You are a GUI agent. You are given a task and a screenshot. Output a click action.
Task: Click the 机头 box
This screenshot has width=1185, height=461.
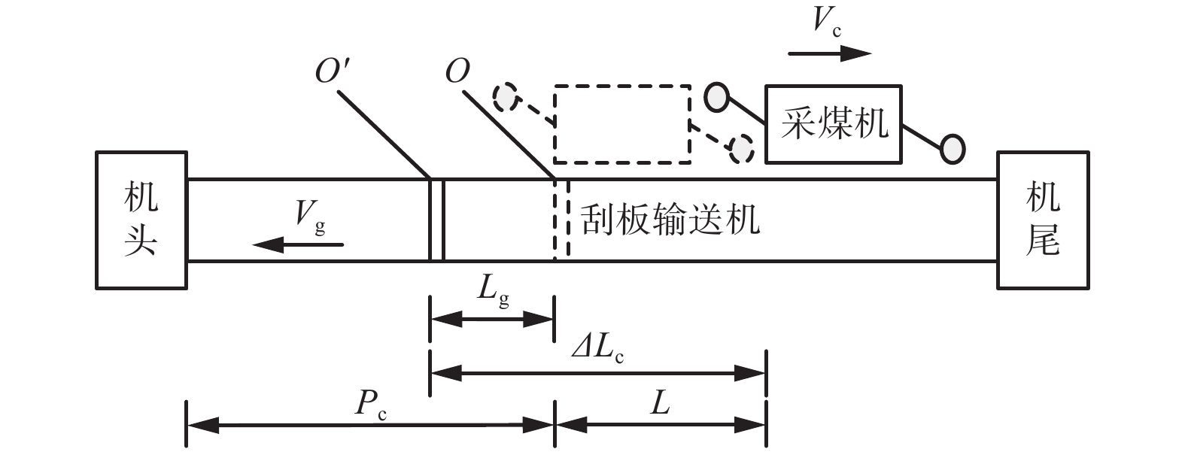[141, 220]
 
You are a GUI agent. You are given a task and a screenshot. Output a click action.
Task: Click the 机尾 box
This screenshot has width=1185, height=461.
[1042, 220]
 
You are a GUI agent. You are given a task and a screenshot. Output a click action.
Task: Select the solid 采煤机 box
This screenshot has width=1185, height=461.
[834, 124]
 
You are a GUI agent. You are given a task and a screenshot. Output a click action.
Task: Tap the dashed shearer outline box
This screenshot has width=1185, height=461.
[622, 125]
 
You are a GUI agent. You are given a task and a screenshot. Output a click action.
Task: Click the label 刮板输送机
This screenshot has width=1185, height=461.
[670, 220]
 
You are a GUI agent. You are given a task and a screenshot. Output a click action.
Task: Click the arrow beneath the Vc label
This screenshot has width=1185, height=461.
[830, 53]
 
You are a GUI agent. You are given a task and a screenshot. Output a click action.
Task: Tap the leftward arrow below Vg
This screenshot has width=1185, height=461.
[298, 244]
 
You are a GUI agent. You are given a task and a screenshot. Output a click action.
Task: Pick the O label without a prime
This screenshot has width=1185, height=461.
[457, 72]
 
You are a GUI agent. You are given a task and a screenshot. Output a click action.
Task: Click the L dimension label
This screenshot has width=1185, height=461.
[660, 405]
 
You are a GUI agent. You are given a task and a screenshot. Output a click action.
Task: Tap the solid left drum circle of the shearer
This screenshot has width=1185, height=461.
[716, 96]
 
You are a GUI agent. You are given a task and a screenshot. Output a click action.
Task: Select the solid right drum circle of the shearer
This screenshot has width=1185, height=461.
[953, 148]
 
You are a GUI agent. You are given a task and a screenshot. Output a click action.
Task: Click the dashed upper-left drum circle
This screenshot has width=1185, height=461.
[506, 96]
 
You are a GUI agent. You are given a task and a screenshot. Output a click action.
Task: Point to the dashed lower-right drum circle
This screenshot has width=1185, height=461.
[742, 148]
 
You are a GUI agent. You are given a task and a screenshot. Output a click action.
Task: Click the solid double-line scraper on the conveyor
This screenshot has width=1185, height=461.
[436, 220]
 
